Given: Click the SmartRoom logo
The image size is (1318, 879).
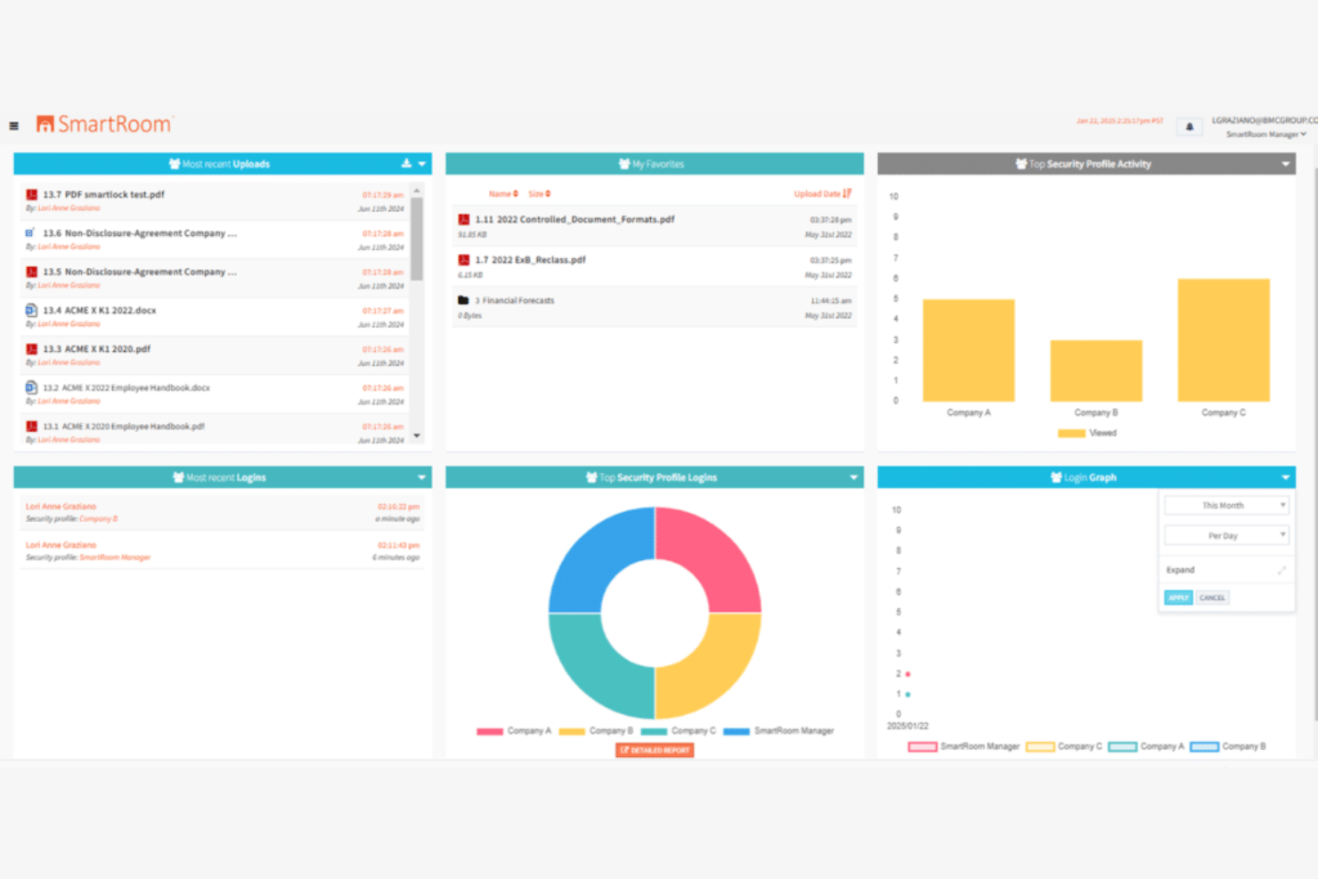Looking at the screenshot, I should tap(104, 125).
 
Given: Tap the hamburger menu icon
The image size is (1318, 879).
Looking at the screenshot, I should tap(13, 126).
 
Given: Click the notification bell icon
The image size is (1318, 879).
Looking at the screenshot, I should tap(1189, 126).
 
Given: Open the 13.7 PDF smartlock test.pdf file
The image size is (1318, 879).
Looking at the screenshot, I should tap(103, 194).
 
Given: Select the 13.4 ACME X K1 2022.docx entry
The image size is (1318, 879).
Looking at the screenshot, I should tap(100, 311).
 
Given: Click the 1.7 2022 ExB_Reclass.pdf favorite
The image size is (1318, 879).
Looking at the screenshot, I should tap(530, 260).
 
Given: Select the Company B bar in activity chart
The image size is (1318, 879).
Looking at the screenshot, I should tap(1095, 370).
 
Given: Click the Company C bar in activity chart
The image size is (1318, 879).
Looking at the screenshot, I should tap(1223, 340).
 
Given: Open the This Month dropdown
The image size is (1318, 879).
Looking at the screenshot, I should tap(1226, 506).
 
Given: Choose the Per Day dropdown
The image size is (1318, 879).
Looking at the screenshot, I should tap(1226, 536).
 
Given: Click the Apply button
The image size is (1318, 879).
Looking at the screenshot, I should tap(1177, 598).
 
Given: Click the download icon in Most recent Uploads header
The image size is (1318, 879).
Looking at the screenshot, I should tap(406, 164).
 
